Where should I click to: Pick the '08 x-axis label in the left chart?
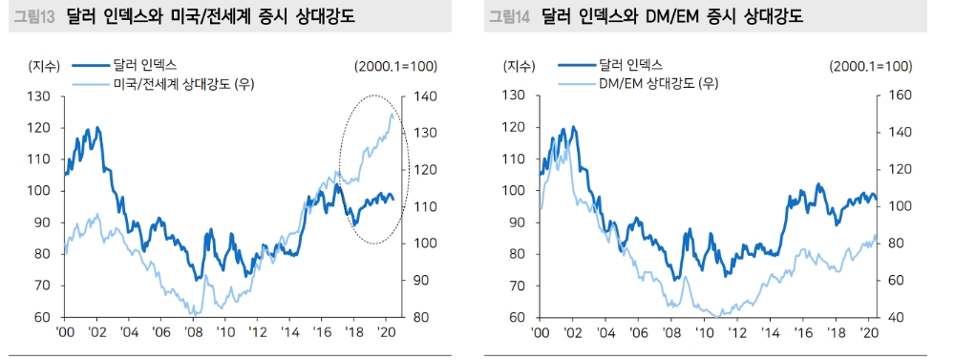(195, 332)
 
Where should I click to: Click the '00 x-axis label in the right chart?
(541, 332)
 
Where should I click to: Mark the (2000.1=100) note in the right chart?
(871, 66)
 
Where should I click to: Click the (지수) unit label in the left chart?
(44, 66)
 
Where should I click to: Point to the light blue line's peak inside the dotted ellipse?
(392, 114)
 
